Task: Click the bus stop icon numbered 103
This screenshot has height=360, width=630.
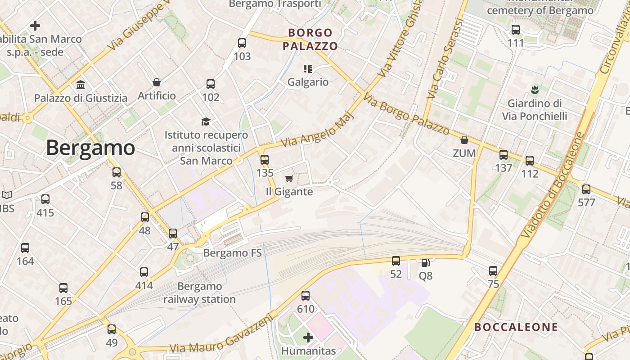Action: (x=242, y=43)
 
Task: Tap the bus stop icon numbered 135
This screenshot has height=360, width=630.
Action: (x=265, y=159)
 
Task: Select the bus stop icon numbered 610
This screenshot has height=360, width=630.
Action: (x=306, y=296)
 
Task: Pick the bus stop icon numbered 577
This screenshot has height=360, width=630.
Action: (x=586, y=189)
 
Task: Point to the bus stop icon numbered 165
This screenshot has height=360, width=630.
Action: (x=63, y=288)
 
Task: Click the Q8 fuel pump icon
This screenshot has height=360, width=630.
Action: (x=425, y=262)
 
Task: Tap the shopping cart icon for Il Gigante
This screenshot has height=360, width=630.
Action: (x=289, y=179)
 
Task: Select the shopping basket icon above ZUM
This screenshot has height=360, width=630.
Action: (x=464, y=140)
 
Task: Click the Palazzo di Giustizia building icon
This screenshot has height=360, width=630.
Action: (x=81, y=85)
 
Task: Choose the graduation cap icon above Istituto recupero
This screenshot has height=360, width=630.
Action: (x=206, y=121)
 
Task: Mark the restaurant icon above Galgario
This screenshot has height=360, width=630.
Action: (x=308, y=69)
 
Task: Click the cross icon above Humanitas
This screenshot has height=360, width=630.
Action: (x=308, y=337)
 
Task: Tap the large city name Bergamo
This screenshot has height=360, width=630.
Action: (x=90, y=148)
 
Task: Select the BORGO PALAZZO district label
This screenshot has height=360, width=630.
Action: (x=310, y=39)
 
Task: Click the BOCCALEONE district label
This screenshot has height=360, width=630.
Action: (x=516, y=327)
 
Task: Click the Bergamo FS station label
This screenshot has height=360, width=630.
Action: (x=232, y=253)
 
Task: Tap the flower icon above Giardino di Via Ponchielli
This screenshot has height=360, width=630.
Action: (x=535, y=90)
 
